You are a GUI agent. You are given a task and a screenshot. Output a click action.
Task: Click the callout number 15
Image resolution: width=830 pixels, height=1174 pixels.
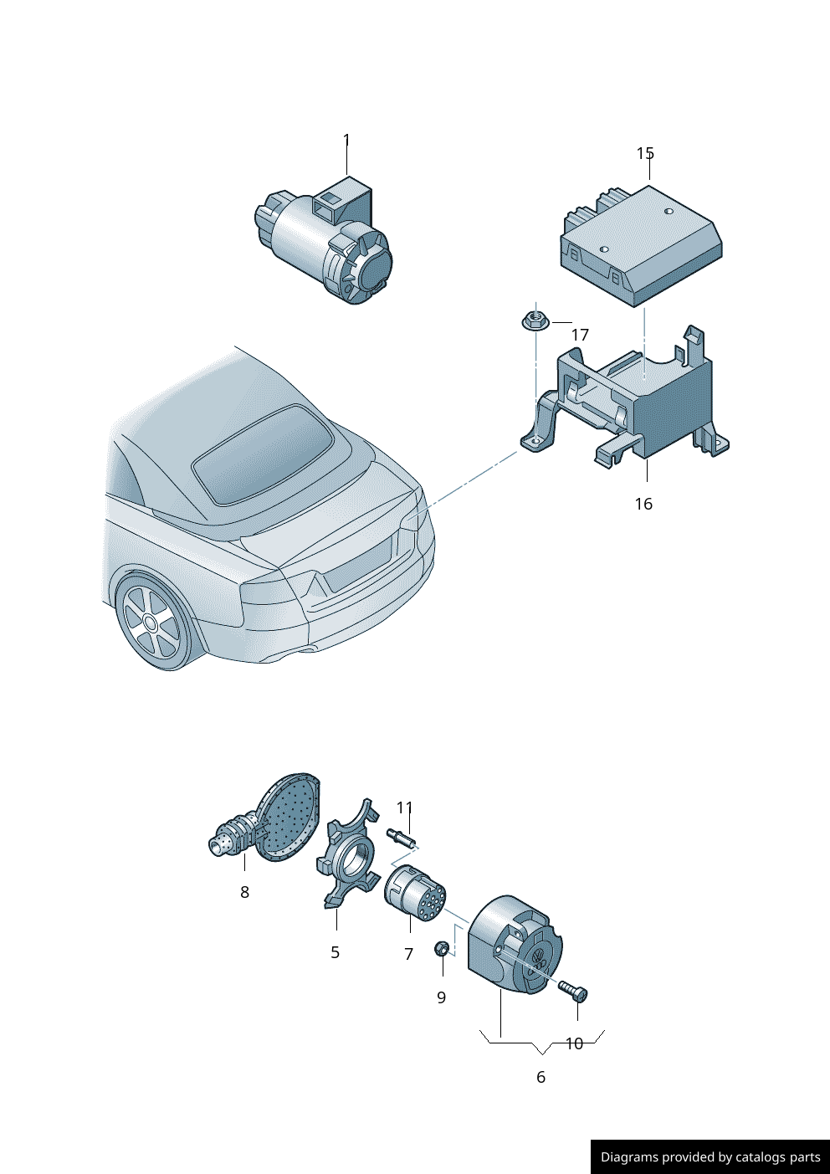645,153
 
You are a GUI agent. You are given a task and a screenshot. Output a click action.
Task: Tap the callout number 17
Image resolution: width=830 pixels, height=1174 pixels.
580,335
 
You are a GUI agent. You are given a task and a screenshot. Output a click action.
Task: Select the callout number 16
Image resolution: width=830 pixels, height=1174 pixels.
643,504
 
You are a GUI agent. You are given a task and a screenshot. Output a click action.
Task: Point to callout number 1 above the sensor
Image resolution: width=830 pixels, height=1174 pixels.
346,140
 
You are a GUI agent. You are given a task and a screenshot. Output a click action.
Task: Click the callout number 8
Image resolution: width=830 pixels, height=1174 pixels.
244,891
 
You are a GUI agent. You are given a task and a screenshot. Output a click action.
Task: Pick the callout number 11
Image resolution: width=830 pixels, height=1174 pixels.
404,807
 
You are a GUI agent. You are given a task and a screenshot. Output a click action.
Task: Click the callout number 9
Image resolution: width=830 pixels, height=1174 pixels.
441,997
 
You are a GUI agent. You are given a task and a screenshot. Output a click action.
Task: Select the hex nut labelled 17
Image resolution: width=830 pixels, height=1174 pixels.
533,320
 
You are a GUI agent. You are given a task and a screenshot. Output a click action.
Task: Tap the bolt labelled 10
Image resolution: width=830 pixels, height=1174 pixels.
573,991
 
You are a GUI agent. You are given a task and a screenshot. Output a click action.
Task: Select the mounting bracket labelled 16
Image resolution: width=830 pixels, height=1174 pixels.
629,398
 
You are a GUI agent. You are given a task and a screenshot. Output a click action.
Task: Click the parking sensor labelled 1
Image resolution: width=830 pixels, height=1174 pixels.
324,241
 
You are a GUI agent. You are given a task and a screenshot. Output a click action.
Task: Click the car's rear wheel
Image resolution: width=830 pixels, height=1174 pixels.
151,623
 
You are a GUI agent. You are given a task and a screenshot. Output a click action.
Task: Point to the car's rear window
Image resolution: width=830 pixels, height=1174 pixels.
263,454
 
